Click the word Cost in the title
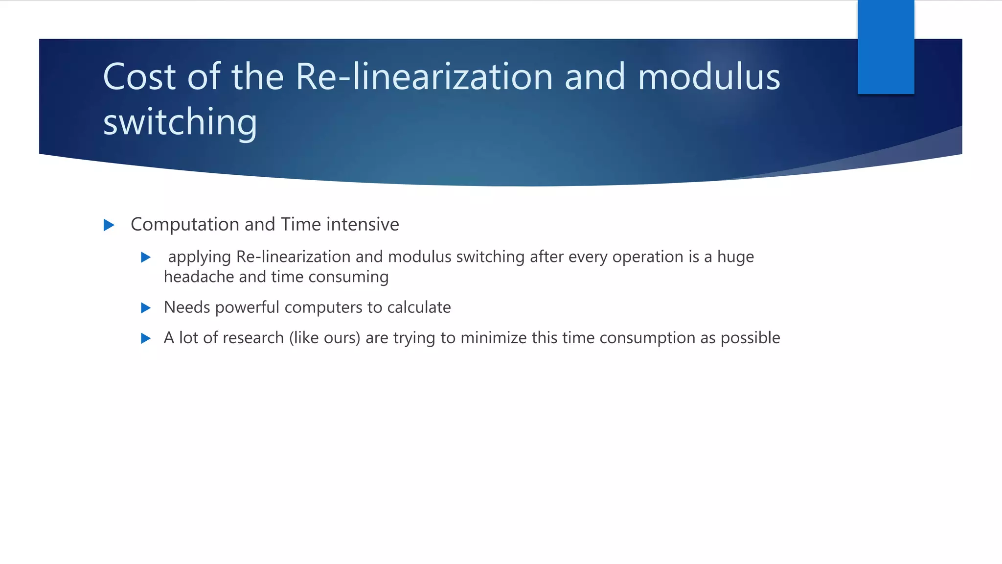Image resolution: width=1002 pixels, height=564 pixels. (x=139, y=77)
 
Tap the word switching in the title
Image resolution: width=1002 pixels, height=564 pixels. (x=180, y=122)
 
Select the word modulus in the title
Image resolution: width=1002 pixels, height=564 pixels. (x=708, y=77)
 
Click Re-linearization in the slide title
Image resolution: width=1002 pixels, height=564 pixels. (x=424, y=77)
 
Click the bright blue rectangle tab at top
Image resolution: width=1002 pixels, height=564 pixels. (x=886, y=47)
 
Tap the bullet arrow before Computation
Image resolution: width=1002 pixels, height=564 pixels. (x=109, y=225)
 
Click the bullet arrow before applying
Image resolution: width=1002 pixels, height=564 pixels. (x=145, y=258)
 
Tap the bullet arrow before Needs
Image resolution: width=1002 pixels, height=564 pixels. (x=145, y=308)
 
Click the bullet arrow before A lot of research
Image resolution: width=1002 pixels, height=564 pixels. (x=145, y=338)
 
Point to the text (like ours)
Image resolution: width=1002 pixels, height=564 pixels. (x=324, y=338)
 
